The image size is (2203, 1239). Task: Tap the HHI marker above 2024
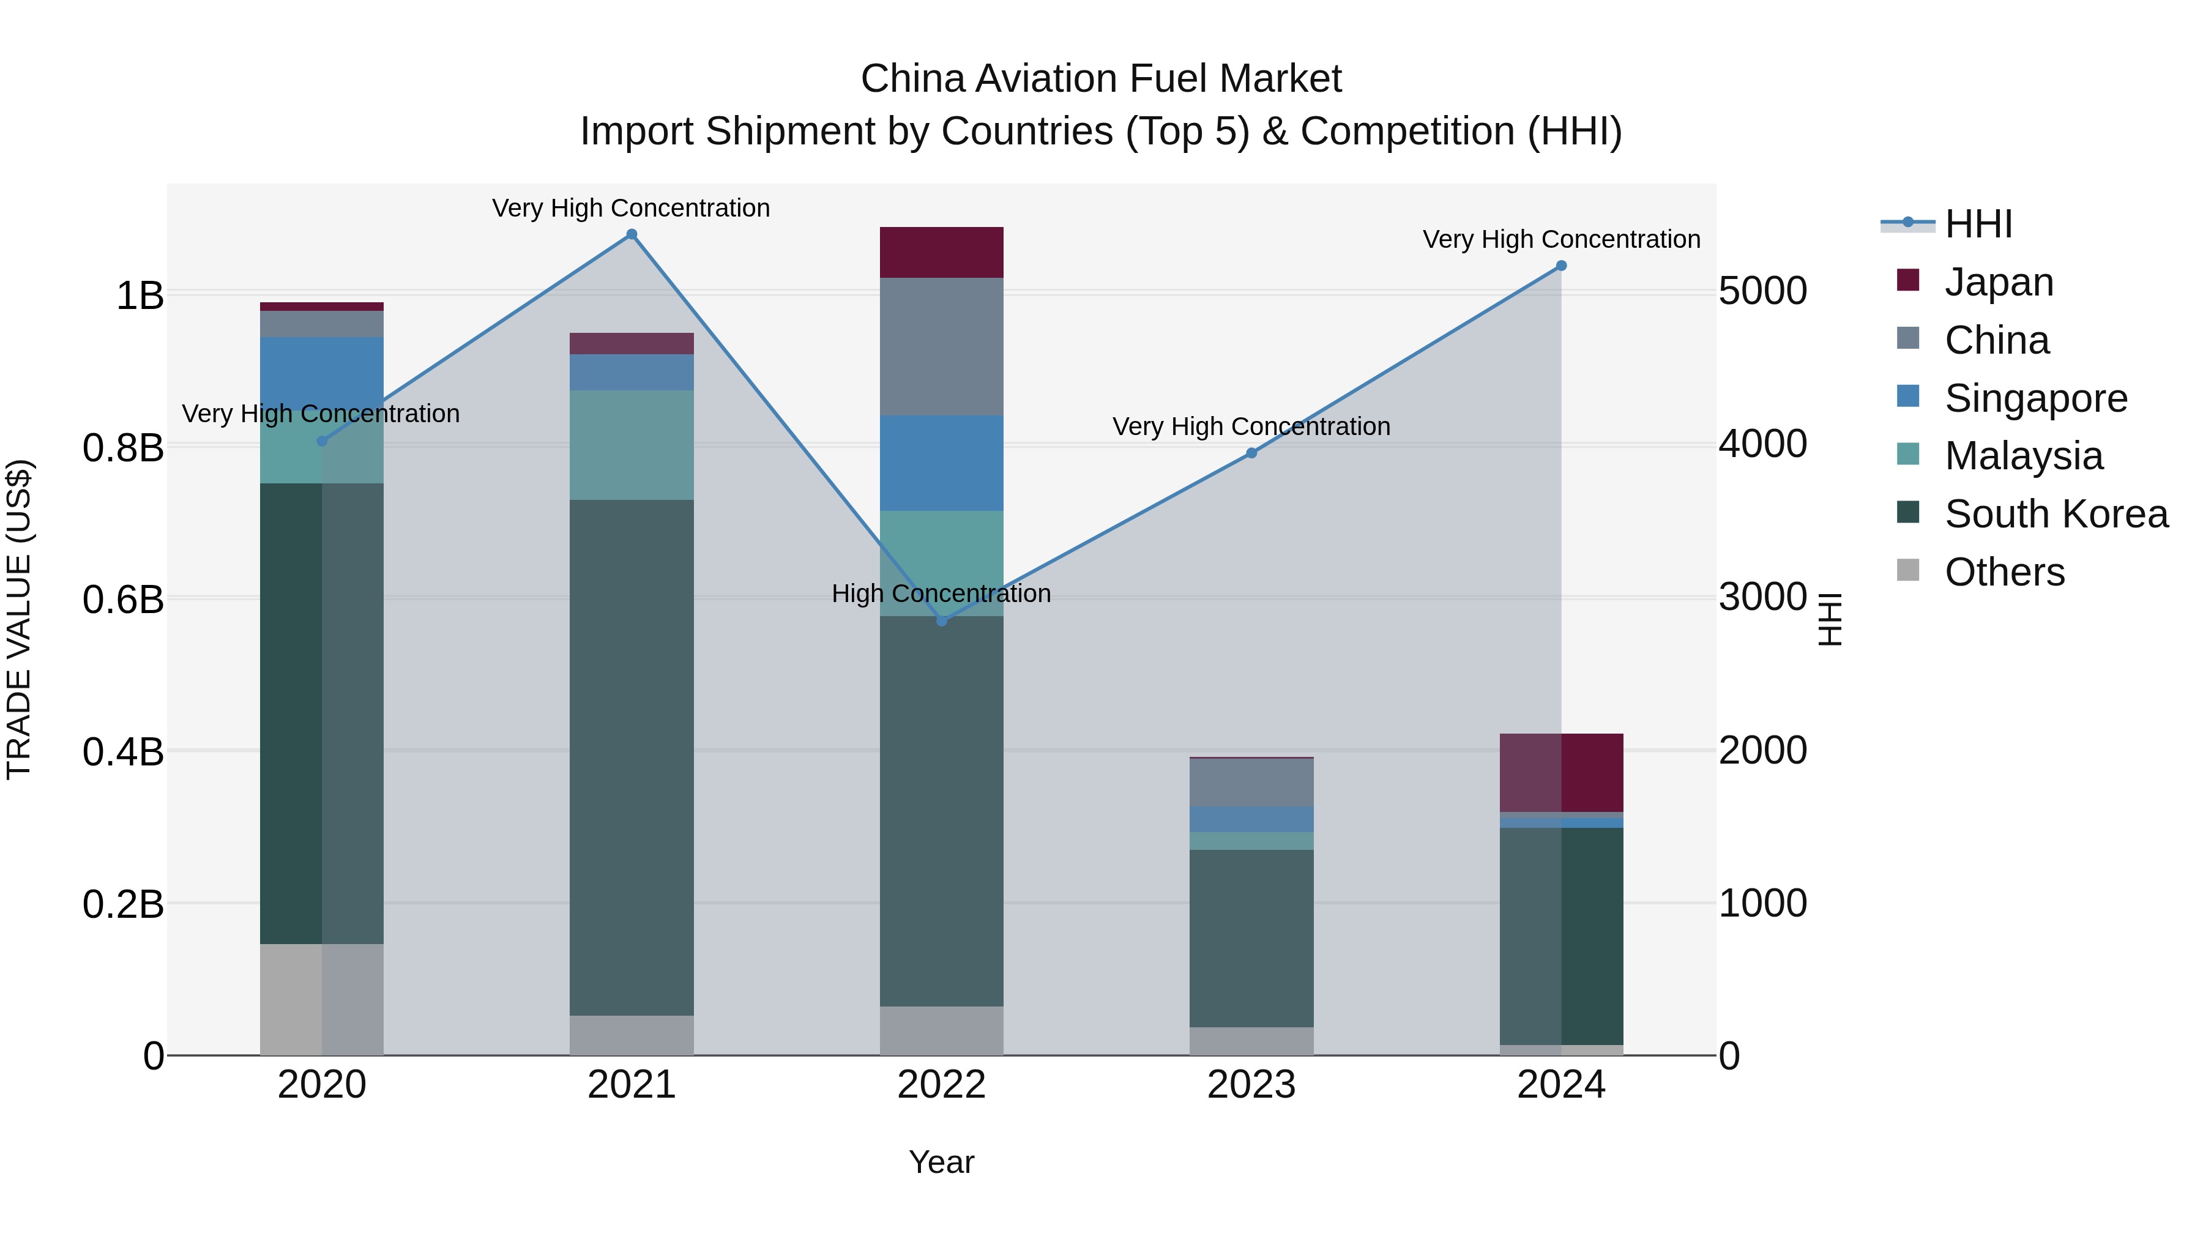pos(1560,266)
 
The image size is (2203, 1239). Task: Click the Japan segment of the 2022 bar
pos(942,252)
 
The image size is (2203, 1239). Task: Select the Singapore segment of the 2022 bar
pos(942,463)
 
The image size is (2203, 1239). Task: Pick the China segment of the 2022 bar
pos(942,346)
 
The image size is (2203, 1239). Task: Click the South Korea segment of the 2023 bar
pos(1251,937)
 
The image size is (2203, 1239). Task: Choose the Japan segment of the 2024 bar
pos(1560,772)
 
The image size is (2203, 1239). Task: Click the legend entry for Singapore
pos(2035,398)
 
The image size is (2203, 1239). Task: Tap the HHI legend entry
pos(1977,224)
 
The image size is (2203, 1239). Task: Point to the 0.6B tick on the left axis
pos(123,598)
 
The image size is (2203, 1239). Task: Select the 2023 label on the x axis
pos(1251,1085)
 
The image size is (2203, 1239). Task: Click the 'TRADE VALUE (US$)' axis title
pos(19,619)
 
